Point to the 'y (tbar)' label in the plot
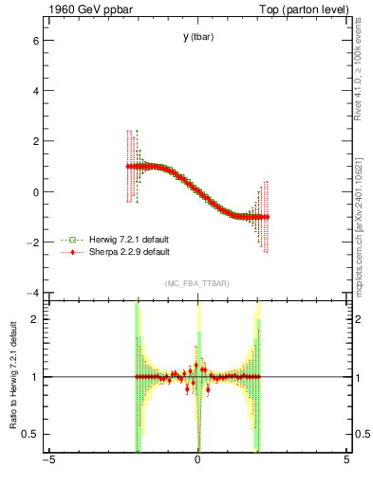pos(197,37)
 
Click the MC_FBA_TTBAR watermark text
pos(197,283)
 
